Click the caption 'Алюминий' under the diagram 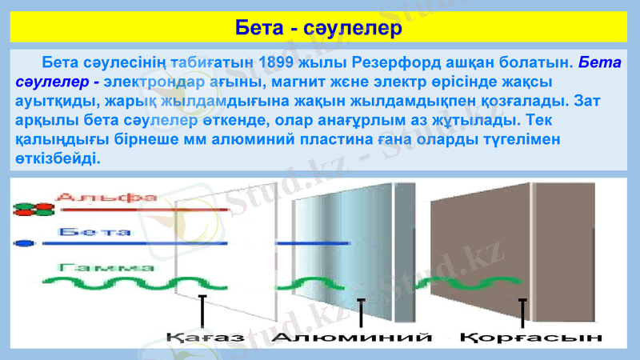(352, 338)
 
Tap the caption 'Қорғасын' (531, 338)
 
